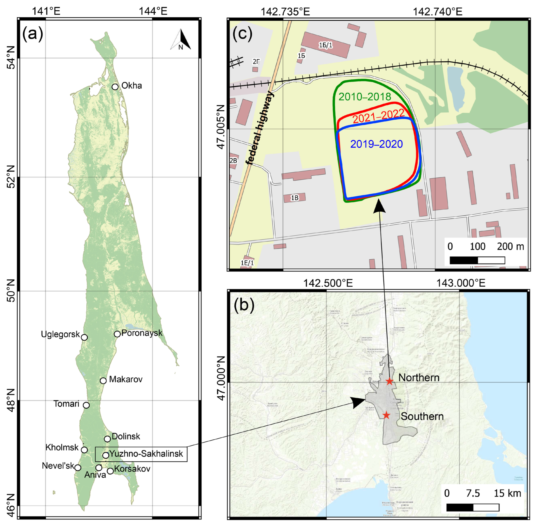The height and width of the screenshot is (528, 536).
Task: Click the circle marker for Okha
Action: tap(115, 87)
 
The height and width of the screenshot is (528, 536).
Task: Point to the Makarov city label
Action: tap(126, 379)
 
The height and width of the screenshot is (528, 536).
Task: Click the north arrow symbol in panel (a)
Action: tap(181, 40)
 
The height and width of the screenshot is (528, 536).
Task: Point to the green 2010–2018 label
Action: tap(365, 97)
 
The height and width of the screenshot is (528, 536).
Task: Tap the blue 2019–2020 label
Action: tap(376, 144)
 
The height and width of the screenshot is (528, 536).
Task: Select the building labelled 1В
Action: tap(295, 198)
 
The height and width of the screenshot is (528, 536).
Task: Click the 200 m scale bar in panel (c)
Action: tap(477, 260)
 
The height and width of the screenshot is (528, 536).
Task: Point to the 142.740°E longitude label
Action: tap(438, 12)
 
